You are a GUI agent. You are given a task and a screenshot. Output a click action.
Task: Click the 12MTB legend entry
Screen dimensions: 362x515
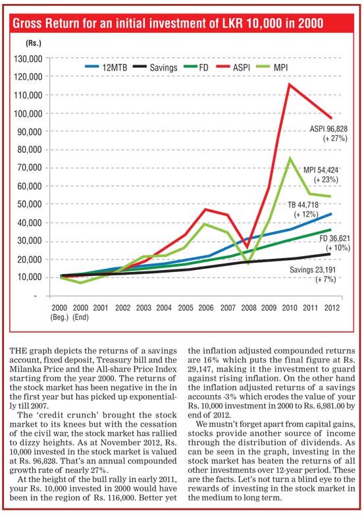(106, 67)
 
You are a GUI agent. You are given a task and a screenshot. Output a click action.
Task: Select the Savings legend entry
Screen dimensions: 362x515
(155, 67)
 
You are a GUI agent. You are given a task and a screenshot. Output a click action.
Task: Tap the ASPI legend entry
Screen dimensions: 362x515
(233, 67)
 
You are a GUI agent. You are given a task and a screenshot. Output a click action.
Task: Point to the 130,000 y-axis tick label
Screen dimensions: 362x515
(28, 59)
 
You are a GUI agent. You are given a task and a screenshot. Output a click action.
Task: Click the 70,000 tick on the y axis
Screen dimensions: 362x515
(30, 168)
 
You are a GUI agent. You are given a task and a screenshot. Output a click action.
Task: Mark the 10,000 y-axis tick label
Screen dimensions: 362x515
(30, 277)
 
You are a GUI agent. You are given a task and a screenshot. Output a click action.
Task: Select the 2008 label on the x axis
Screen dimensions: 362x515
(249, 308)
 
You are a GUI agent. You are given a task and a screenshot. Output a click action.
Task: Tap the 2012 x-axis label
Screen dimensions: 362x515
(332, 308)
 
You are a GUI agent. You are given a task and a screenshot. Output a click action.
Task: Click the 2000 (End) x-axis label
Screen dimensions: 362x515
(80, 312)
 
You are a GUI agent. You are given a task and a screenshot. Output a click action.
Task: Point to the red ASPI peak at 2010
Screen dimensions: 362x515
(290, 84)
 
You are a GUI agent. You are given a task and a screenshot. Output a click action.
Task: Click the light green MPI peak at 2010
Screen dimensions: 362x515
(290, 158)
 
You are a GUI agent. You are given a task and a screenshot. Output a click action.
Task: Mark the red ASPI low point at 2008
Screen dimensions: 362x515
(247, 247)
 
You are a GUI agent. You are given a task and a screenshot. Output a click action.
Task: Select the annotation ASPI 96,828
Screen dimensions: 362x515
(328, 129)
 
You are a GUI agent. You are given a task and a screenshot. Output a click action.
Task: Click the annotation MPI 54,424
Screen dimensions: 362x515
(321, 170)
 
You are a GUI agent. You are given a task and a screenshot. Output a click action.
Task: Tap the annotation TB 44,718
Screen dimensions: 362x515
(303, 205)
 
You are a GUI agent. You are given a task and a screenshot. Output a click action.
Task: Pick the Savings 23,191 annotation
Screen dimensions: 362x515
(313, 270)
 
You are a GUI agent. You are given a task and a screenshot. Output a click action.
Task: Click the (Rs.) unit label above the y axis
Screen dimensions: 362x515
(34, 43)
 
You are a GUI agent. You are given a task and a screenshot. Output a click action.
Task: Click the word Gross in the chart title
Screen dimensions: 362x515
(27, 24)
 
